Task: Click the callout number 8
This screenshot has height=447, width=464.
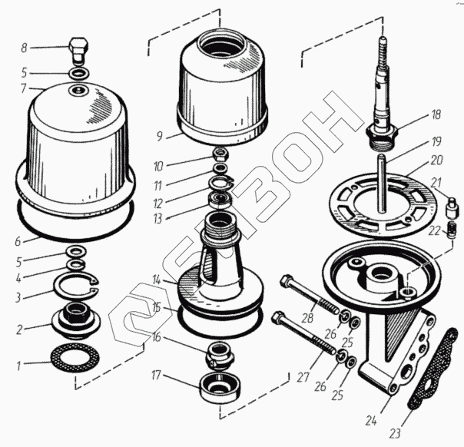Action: pos(24,48)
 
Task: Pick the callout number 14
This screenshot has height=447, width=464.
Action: pos(156,280)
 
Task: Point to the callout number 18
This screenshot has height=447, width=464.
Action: pos(436,115)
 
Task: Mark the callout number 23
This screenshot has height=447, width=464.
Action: pos(395,432)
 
